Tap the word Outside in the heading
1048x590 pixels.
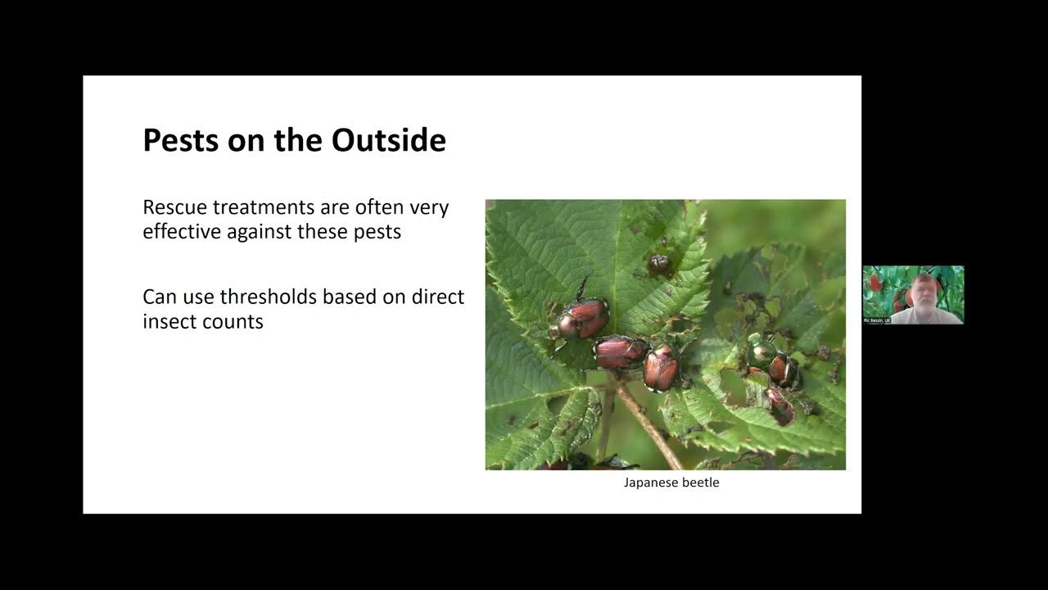tap(389, 140)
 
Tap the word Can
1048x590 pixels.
tap(160, 296)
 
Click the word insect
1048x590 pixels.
tap(168, 320)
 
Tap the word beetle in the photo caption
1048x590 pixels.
tap(701, 483)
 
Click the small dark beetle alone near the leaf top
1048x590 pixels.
tap(659, 264)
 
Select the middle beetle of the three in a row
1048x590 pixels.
tap(620, 352)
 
